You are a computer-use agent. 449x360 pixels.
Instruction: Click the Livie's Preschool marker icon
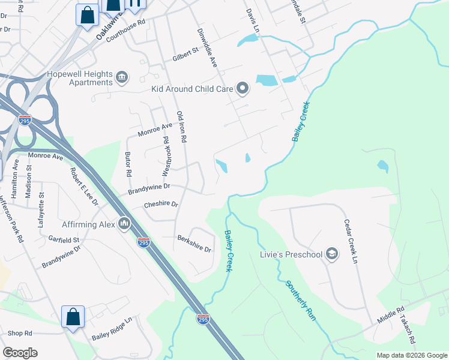coord(331,254)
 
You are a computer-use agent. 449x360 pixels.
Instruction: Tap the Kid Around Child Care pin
coord(243,89)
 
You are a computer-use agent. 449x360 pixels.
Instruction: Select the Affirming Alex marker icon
coord(124,224)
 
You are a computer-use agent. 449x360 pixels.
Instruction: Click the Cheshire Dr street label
coord(161,205)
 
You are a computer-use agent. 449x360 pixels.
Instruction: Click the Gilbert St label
coord(185,54)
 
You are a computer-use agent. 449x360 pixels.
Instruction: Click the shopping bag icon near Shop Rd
coord(73,316)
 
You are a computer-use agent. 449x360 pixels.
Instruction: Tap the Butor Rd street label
coord(128,164)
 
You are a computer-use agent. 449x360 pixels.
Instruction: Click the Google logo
coord(20,352)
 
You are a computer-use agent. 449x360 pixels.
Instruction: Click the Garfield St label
coord(65,240)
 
